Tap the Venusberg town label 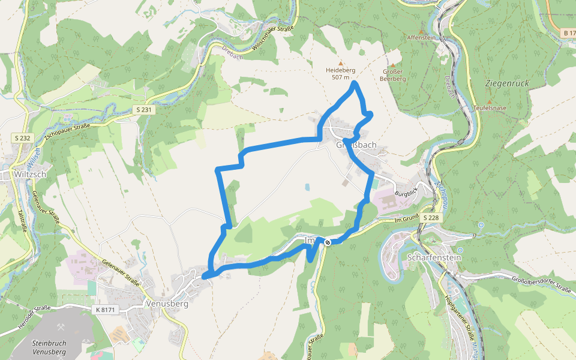click(x=167, y=304)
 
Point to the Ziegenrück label click(x=507, y=83)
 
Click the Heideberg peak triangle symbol click(x=341, y=62)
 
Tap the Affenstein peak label click(x=421, y=37)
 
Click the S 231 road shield click(x=143, y=110)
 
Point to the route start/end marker click(x=328, y=242)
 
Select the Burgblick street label click(x=406, y=194)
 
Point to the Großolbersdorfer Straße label click(x=541, y=284)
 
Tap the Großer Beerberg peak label click(x=393, y=75)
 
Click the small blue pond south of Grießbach click(x=307, y=187)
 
